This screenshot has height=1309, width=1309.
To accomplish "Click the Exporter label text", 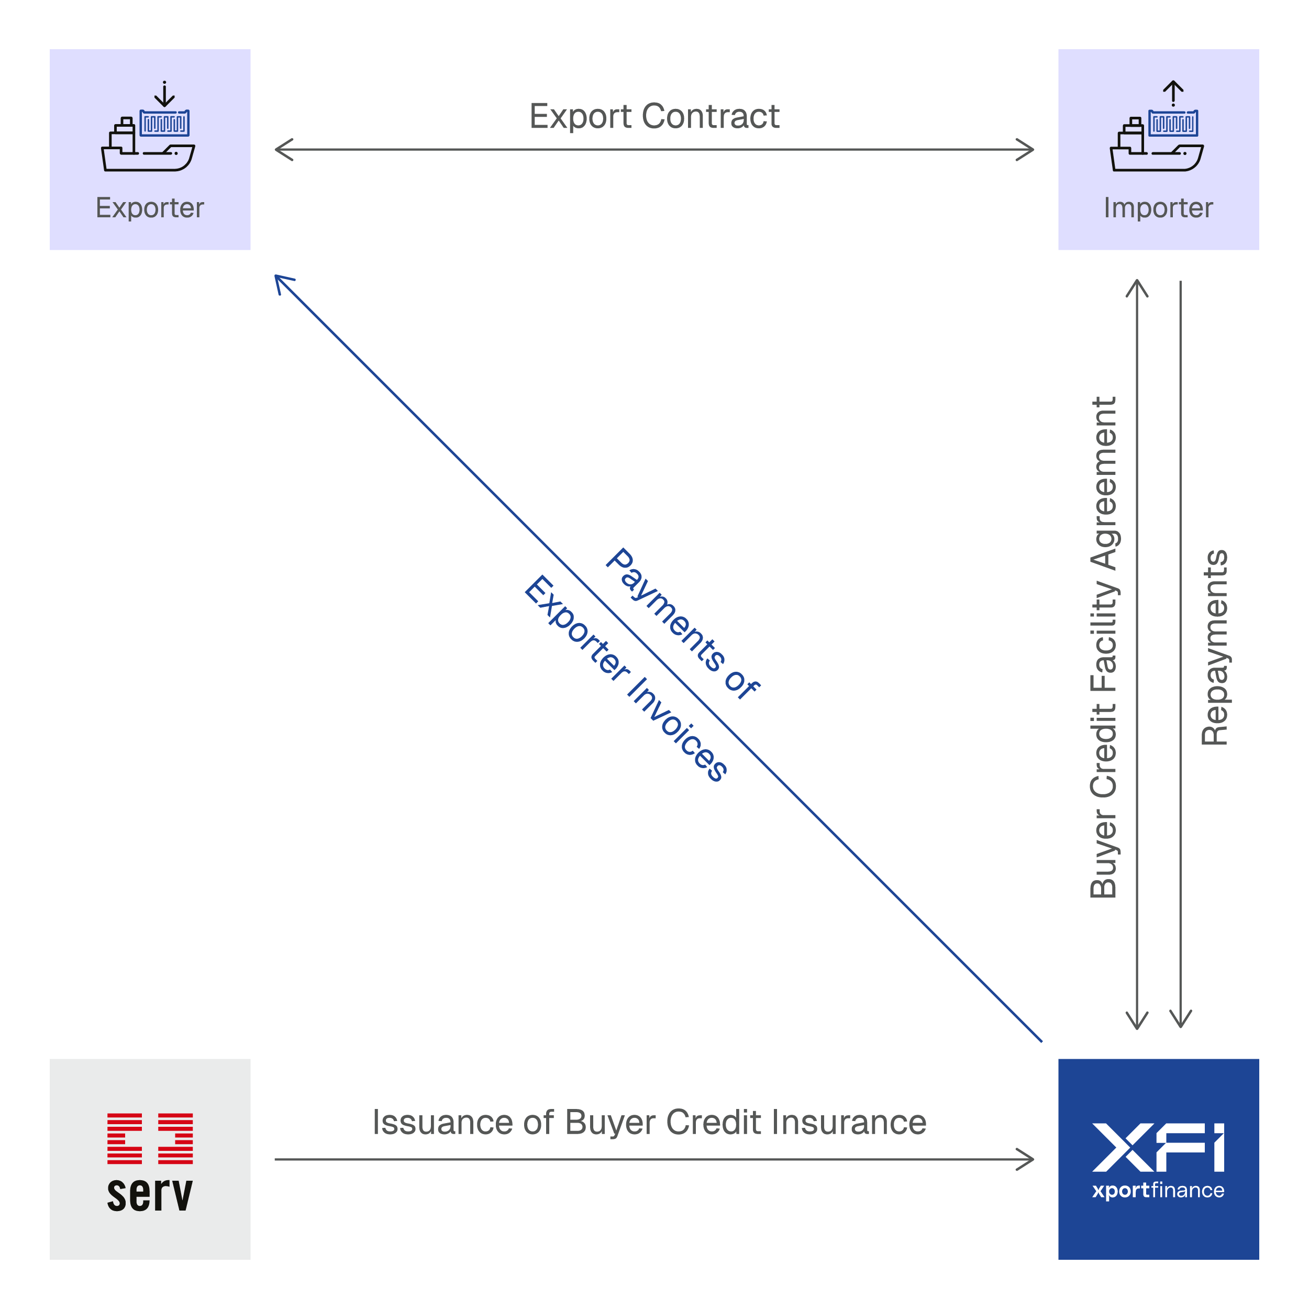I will click(x=150, y=208).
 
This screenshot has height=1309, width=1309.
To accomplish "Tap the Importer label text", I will click(x=1158, y=208).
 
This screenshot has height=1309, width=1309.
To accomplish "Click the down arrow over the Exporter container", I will click(x=164, y=94).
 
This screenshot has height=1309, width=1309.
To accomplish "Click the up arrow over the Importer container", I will click(x=1173, y=94).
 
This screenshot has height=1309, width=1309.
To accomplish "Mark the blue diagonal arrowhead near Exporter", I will click(x=282, y=282).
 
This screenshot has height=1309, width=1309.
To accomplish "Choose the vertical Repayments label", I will click(x=1215, y=648).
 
